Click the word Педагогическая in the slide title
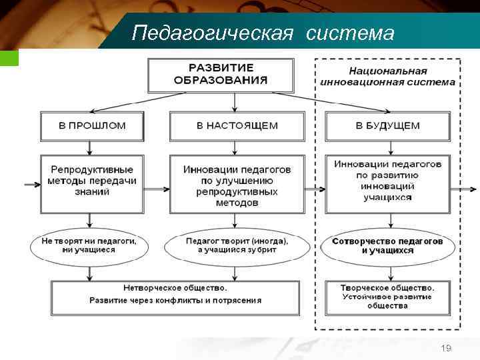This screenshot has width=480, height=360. (x=212, y=33)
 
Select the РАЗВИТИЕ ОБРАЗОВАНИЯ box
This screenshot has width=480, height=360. (x=220, y=75)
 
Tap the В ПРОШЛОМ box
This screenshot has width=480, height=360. (x=92, y=125)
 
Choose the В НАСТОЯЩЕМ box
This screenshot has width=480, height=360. (x=237, y=125)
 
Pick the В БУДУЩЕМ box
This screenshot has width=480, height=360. (x=387, y=125)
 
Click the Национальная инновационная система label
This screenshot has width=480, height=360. (x=387, y=77)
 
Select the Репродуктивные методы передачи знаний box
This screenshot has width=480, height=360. (x=92, y=181)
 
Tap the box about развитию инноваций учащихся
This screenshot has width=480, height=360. (x=387, y=181)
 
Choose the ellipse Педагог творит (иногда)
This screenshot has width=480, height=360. (x=237, y=245)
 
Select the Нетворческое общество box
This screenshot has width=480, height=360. (x=175, y=294)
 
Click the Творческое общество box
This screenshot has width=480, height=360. (x=387, y=296)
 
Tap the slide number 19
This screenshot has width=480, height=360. (x=446, y=349)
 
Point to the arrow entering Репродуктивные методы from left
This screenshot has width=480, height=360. (x=31, y=185)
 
